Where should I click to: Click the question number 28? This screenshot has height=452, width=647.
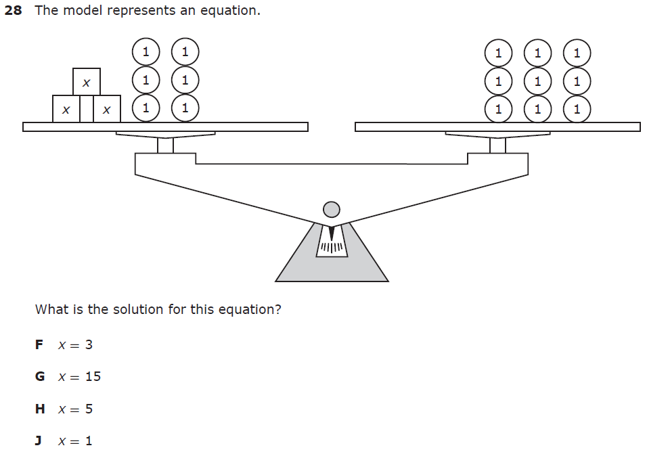point(13,12)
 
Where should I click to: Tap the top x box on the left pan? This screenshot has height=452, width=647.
point(86,82)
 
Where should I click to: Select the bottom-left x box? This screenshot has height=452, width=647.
point(66,109)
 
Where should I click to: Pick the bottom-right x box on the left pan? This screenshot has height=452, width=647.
point(106,109)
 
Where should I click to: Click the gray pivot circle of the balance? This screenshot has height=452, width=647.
point(331,209)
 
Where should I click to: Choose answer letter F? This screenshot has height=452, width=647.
point(39,344)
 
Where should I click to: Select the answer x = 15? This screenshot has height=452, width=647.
point(79,376)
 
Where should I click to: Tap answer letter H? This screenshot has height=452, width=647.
point(40,409)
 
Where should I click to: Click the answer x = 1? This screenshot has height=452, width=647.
point(75,441)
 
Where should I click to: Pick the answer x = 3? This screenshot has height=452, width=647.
point(75,344)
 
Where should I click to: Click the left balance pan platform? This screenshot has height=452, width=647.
point(165,127)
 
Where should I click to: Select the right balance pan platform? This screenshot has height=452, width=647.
point(497,127)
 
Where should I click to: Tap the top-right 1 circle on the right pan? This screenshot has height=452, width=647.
point(577,53)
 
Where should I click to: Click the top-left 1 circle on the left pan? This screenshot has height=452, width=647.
point(146,51)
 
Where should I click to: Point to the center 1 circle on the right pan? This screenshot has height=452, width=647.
point(537,81)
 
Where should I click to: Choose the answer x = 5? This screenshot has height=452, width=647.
point(75,409)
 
